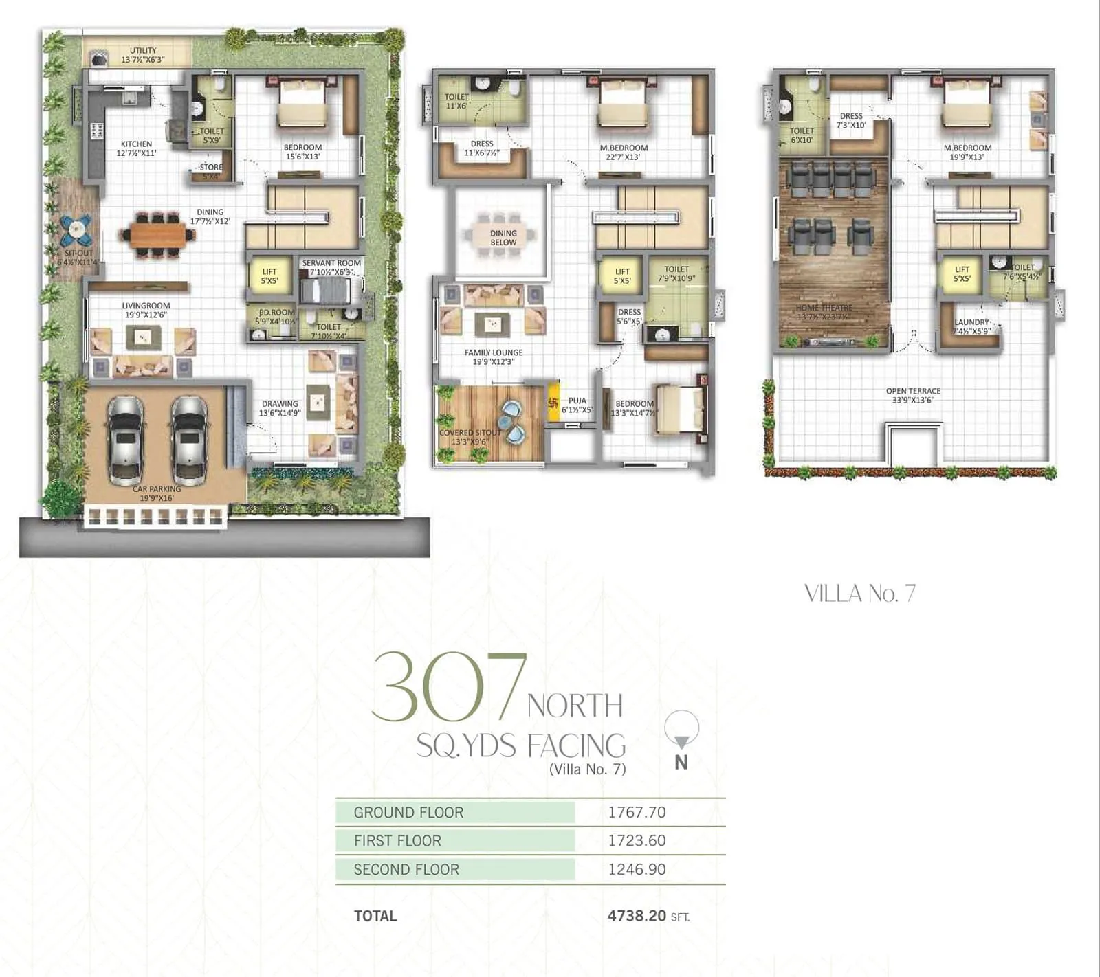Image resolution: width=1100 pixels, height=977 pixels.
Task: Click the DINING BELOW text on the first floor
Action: (503, 238)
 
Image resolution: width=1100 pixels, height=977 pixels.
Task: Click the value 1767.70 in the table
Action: (637, 812)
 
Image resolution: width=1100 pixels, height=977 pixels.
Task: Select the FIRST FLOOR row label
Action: (397, 840)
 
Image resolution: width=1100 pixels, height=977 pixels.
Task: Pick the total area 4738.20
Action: (637, 916)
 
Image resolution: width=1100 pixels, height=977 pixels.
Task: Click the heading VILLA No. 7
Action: (859, 594)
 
